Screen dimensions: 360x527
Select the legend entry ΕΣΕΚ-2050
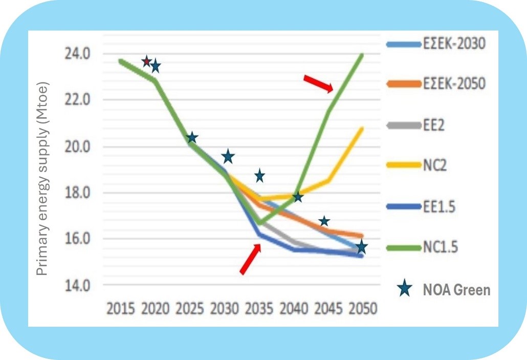click(x=454, y=83)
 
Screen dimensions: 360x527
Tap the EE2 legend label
click(x=433, y=125)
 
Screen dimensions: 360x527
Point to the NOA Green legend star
click(x=406, y=290)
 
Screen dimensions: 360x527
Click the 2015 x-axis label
click(x=121, y=309)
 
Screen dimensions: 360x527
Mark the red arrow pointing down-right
click(x=318, y=83)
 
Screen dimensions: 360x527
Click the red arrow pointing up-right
click(x=250, y=259)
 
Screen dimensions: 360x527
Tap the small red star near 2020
click(x=146, y=61)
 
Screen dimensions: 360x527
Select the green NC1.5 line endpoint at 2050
click(x=362, y=54)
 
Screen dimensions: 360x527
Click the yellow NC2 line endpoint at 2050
click(x=362, y=129)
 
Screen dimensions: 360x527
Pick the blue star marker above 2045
click(x=324, y=221)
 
